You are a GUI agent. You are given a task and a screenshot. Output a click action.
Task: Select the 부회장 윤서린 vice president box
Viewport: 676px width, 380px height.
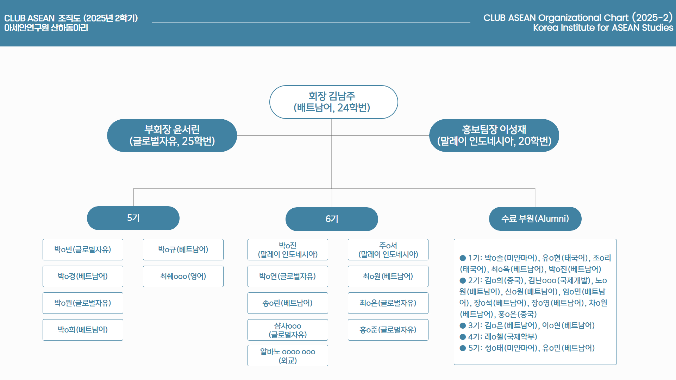pyautogui.click(x=172, y=135)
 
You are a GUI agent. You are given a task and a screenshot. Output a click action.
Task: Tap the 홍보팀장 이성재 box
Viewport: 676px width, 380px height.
pyautogui.click(x=494, y=135)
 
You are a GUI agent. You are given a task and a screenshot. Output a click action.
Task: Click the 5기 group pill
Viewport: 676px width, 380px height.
pyautogui.click(x=133, y=218)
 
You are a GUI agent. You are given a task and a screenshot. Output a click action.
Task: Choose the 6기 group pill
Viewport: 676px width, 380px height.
pyautogui.click(x=332, y=219)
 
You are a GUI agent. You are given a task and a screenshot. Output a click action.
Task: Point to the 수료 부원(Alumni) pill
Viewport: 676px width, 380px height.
pyautogui.click(x=535, y=219)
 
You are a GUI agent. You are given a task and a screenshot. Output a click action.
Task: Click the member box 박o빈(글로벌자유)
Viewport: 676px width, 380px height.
pyautogui.click(x=83, y=250)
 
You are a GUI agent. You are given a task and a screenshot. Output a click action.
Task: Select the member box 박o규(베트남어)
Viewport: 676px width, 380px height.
pyautogui.click(x=183, y=250)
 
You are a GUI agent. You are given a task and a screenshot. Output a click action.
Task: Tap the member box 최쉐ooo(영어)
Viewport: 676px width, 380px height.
pyautogui.click(x=183, y=277)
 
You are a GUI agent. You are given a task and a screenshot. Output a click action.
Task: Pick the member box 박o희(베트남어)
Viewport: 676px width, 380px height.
pyautogui.click(x=83, y=330)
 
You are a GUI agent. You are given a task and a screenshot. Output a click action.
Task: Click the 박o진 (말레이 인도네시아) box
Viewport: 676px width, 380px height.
pyautogui.click(x=288, y=250)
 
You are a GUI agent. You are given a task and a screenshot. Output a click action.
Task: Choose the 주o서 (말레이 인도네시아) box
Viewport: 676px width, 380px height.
pyautogui.click(x=388, y=250)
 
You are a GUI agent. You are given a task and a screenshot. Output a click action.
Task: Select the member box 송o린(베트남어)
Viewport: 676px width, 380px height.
pyautogui.click(x=288, y=303)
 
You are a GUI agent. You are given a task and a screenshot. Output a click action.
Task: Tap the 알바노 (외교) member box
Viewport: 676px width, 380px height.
pyautogui.click(x=288, y=356)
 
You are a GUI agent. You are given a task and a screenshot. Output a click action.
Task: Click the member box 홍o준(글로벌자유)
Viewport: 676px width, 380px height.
pyautogui.click(x=388, y=330)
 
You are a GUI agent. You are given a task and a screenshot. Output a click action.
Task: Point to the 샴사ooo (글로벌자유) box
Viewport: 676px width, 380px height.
pyautogui.click(x=288, y=330)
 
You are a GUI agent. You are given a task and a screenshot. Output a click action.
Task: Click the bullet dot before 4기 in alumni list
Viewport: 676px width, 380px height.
pyautogui.click(x=463, y=337)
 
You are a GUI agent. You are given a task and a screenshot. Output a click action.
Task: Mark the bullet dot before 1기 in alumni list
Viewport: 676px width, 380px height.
pyautogui.click(x=463, y=258)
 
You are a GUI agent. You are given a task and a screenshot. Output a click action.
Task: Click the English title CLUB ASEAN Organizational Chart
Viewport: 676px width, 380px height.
pyautogui.click(x=577, y=18)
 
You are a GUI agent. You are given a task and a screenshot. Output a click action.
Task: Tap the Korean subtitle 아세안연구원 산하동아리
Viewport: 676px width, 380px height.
pyautogui.click(x=46, y=28)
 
